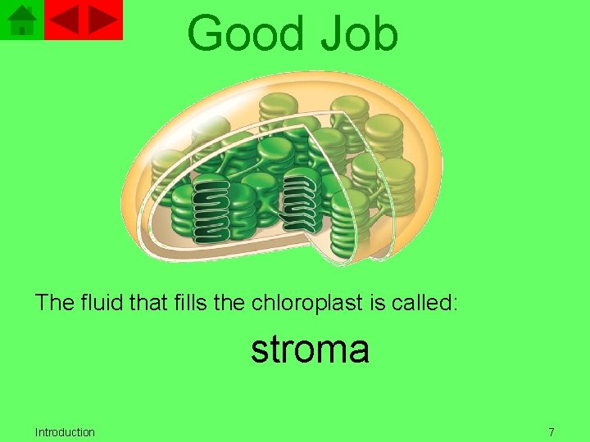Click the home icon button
[x=22, y=20]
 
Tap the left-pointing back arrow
[x=66, y=20]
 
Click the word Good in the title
[x=241, y=34]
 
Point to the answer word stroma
[x=310, y=350]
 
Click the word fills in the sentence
[x=189, y=303]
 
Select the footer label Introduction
[x=65, y=432]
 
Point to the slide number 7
[x=551, y=432]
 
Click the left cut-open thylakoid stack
[x=211, y=209]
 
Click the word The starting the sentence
[x=55, y=303]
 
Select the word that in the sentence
[x=147, y=303]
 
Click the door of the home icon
[x=23, y=29]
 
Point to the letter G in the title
[x=207, y=35]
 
